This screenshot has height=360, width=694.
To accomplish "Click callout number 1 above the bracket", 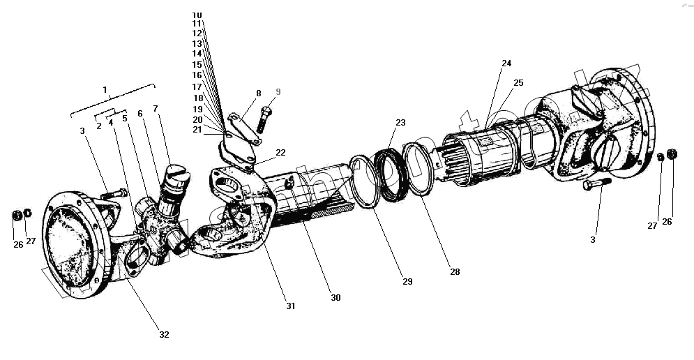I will pyautogui.click(x=105, y=90).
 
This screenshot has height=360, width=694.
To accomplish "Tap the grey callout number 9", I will pyautogui.click(x=278, y=91).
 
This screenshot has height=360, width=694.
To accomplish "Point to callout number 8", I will pyautogui.click(x=258, y=93).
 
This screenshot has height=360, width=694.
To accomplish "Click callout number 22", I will pyautogui.click(x=280, y=152).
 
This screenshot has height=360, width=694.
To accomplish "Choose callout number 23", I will pyautogui.click(x=400, y=123).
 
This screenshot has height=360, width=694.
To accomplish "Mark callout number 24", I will pyautogui.click(x=506, y=63).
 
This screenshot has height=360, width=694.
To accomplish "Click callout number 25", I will pyautogui.click(x=518, y=83).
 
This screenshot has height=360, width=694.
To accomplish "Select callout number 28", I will pyautogui.click(x=455, y=271).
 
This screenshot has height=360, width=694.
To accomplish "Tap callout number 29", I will pyautogui.click(x=407, y=282).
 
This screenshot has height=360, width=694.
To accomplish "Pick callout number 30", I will pyautogui.click(x=335, y=297).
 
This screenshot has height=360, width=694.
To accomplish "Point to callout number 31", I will pyautogui.click(x=290, y=306).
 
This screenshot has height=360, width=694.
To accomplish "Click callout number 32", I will pyautogui.click(x=164, y=334).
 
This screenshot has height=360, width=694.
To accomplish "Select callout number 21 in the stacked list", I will pyautogui.click(x=197, y=130).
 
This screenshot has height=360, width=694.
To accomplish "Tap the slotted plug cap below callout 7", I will pyautogui.click(x=179, y=172).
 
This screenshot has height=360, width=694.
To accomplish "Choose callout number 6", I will pyautogui.click(x=139, y=113).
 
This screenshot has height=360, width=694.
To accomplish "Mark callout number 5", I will pyautogui.click(x=125, y=118).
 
